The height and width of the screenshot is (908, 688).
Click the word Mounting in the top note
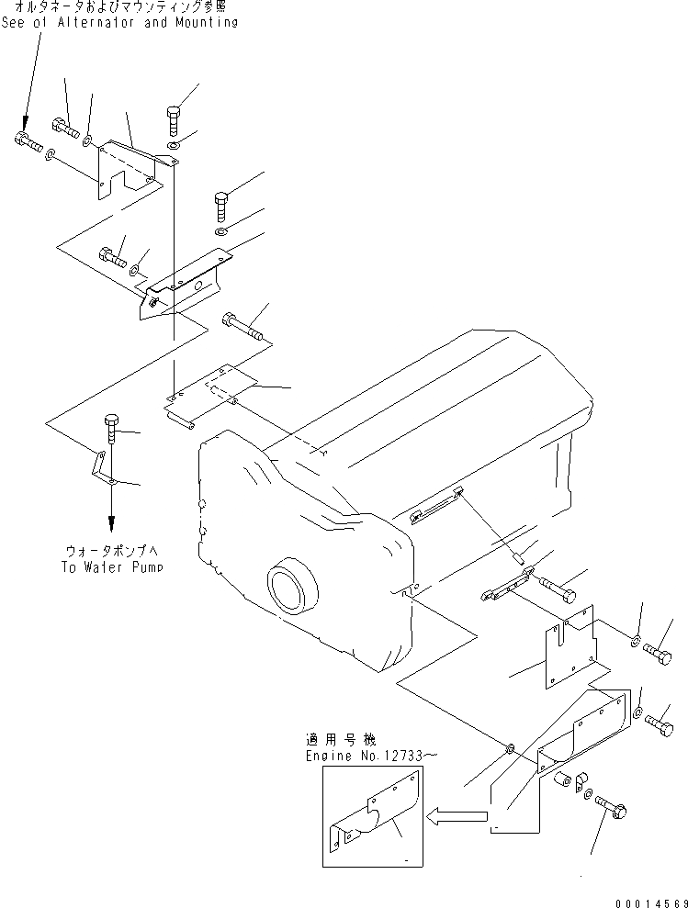point(203,22)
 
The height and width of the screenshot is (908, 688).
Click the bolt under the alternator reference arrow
point(28,142)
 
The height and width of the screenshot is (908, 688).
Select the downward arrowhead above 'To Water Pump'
point(111,522)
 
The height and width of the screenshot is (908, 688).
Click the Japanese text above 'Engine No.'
point(338,739)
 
